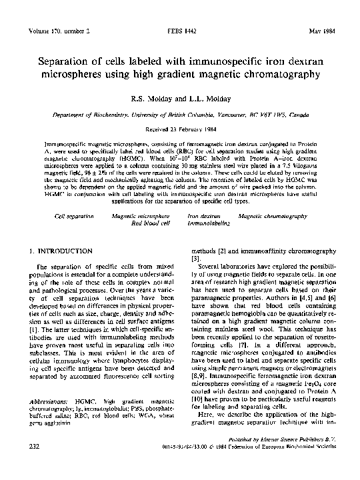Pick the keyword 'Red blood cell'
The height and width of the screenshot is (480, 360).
(151, 225)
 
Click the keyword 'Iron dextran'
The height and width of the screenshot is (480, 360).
(204, 217)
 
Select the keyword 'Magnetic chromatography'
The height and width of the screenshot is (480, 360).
(273, 217)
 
